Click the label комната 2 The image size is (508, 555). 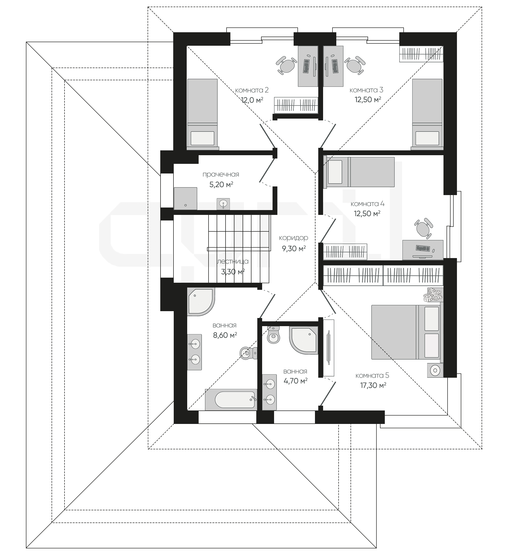pos(252,90)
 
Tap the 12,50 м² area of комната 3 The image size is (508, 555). pos(368,99)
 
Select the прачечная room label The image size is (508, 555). pos(221,175)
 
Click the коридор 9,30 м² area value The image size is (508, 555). pos(294,249)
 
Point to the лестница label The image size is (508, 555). pos(233,262)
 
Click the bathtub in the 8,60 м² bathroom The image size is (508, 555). pos(231,400)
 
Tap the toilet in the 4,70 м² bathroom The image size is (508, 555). pos(274,335)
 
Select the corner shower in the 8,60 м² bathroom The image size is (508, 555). pos(201,302)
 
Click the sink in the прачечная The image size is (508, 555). pos(223,204)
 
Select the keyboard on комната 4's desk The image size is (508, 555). pos(423,248)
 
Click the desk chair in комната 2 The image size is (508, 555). pos(287,66)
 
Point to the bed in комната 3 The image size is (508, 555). pos(427,114)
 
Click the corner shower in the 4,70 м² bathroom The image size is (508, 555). pos(304,340)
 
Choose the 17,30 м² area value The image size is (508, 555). pos(373,385)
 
